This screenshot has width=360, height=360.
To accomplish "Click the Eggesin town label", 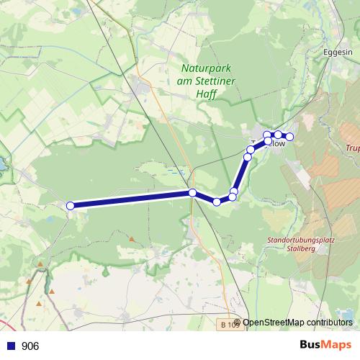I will click(x=338, y=53).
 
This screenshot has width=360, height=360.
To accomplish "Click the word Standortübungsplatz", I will click(x=297, y=240).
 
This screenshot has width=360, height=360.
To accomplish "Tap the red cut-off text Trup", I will click(x=352, y=149).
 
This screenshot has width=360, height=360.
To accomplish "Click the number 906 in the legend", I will click(x=31, y=346).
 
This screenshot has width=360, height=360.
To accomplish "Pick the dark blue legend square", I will click(x=11, y=346).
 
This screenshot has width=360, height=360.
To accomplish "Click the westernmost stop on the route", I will click(x=71, y=206).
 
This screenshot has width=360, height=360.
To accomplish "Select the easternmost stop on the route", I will click(x=290, y=137).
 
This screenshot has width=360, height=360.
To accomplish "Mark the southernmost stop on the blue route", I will click(x=217, y=202).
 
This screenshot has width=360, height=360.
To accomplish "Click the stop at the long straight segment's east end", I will click(x=192, y=192).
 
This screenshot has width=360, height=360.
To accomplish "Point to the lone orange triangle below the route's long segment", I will click(x=132, y=238).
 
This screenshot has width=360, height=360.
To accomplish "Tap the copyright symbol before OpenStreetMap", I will click(x=238, y=323).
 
